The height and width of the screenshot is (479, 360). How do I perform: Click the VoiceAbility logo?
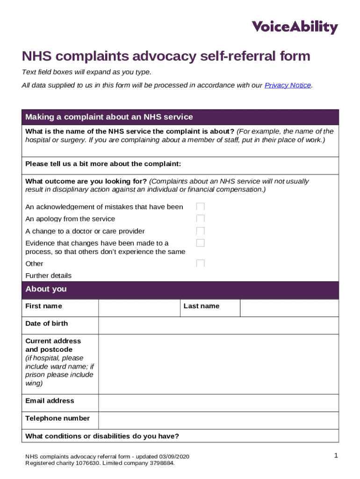[x=295, y=27]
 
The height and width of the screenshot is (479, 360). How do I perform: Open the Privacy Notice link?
[x=288, y=85]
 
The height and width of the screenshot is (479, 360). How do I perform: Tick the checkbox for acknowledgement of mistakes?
[x=201, y=207]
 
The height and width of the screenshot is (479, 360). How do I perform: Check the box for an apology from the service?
[x=201, y=219]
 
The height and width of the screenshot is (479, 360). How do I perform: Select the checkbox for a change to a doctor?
[x=201, y=231]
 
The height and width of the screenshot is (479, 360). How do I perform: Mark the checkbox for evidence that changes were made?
[x=201, y=243]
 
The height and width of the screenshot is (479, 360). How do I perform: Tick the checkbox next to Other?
[x=201, y=263]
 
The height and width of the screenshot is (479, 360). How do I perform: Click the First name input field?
[x=139, y=308]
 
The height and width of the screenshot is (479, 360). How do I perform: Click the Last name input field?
[x=289, y=308]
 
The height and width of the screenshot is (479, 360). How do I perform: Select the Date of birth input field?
[x=218, y=326]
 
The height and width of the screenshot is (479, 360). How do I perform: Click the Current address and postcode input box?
[x=218, y=364]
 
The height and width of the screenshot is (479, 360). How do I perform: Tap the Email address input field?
[x=218, y=403]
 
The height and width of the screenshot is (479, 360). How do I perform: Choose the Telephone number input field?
[x=218, y=420]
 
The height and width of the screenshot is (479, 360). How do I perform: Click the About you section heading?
[x=46, y=289]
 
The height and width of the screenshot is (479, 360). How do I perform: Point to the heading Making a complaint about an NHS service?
[x=109, y=117]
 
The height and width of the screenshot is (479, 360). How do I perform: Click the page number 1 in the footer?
[x=336, y=456]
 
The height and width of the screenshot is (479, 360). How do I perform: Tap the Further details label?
[x=49, y=276]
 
